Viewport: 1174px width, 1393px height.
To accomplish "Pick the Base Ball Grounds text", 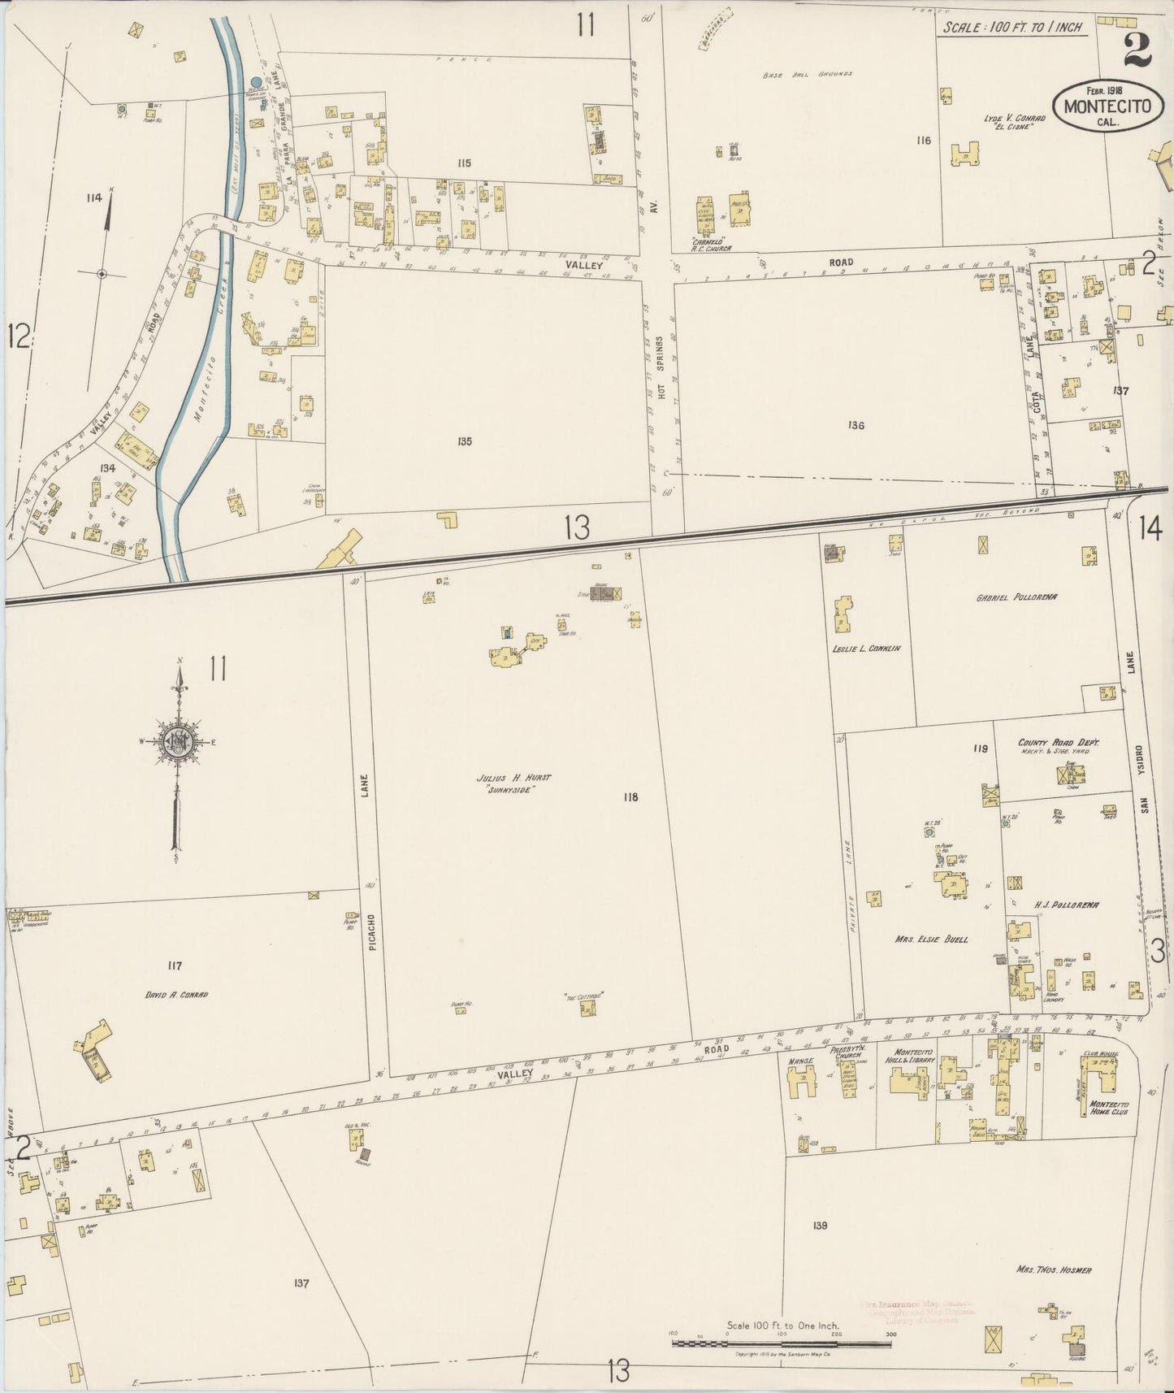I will (807, 74).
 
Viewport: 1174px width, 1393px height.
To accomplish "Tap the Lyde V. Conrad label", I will (1014, 118).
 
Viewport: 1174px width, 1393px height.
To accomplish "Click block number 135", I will (464, 441).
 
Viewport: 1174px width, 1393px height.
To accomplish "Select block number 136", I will (855, 425).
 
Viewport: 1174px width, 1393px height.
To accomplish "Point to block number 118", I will (630, 797).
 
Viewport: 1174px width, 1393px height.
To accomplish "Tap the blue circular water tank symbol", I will (256, 82).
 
